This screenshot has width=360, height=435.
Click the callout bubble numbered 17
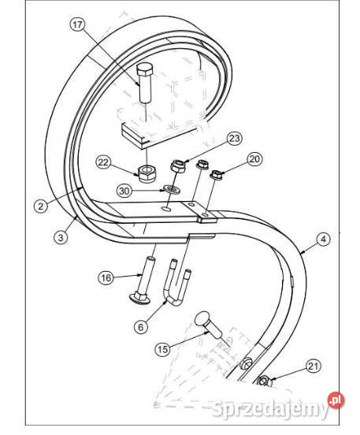click(x=78, y=24)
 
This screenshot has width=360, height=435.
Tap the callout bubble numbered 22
click(x=103, y=162)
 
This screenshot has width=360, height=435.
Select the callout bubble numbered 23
click(x=235, y=138)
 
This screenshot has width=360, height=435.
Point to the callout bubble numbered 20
click(x=255, y=159)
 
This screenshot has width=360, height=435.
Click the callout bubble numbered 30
click(x=124, y=191)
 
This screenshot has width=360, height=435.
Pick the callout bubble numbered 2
click(x=41, y=206)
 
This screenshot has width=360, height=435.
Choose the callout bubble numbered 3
click(x=61, y=237)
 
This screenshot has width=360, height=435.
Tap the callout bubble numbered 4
click(x=323, y=240)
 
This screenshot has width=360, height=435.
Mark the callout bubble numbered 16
click(x=106, y=277)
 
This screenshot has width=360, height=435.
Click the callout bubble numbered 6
click(x=141, y=327)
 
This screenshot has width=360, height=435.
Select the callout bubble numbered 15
click(x=163, y=349)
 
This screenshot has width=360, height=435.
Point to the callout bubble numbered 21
click(x=314, y=366)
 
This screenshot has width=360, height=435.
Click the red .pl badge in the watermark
click(x=336, y=400)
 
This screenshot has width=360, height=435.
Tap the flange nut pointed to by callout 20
click(x=217, y=175)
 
